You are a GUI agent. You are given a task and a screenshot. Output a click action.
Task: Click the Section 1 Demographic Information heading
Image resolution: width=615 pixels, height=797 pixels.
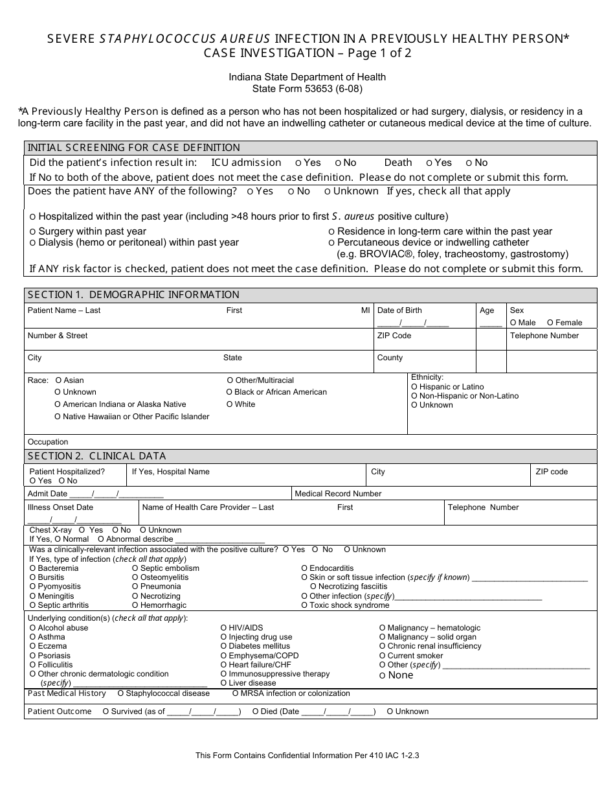[x=133, y=295]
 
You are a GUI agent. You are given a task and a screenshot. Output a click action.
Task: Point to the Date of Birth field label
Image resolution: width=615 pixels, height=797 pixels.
[x=399, y=310]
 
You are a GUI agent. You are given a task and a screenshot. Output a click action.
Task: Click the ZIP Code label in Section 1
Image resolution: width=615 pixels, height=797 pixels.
[x=394, y=336]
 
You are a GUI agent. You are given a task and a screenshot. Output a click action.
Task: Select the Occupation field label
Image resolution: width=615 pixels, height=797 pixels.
[x=48, y=442]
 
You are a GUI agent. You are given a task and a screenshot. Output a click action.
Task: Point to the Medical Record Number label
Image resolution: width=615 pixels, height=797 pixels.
[x=338, y=494]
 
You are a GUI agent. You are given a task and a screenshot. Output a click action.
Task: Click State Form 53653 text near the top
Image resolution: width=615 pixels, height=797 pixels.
[x=307, y=88]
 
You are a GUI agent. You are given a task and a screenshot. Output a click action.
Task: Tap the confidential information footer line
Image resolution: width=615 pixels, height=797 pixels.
[x=307, y=755]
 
